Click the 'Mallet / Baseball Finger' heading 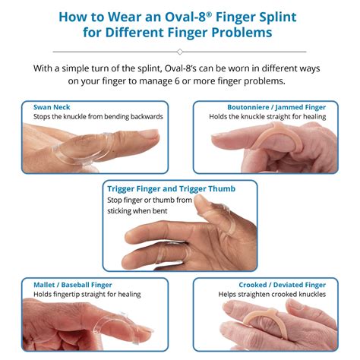pyautogui.click(x=73, y=285)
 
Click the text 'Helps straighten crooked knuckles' pyautogui.click(x=271, y=295)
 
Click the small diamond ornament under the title pyautogui.click(x=180, y=52)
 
